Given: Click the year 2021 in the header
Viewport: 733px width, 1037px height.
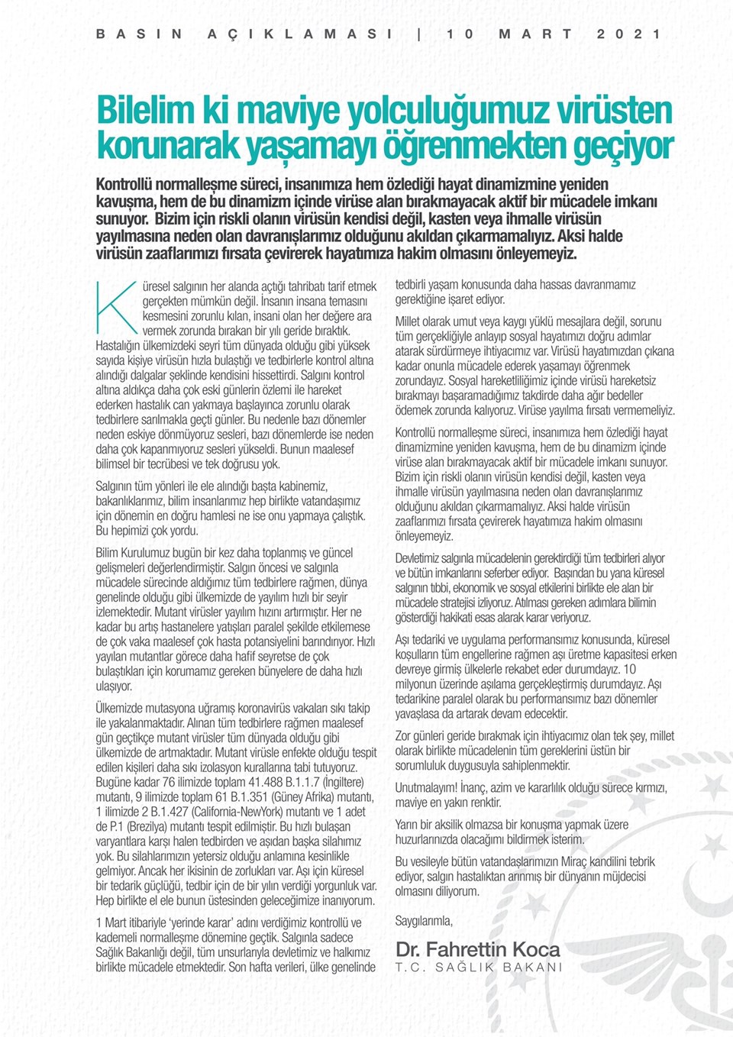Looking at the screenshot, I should (629, 34).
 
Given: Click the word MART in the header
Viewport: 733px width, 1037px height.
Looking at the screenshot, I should (535, 34).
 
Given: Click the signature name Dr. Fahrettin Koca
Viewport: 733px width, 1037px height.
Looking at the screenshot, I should (477, 950).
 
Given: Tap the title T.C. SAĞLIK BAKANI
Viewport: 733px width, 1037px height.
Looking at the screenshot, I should (479, 968).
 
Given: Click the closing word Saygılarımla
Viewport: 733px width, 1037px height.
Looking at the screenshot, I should (424, 921).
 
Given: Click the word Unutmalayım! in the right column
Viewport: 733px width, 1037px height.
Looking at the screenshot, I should (426, 788).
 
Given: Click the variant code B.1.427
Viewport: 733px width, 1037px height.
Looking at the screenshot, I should (165, 812).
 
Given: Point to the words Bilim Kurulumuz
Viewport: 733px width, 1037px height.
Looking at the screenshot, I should (134, 553).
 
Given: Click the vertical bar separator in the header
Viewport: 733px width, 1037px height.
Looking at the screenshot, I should (420, 34).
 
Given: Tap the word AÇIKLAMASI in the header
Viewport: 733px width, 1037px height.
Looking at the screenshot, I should (300, 34).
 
